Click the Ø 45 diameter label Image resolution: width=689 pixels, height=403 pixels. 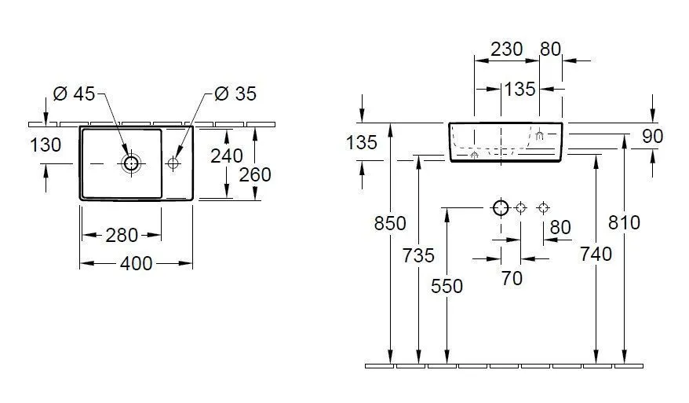[x=74, y=93]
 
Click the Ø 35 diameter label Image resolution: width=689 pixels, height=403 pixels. [x=235, y=93]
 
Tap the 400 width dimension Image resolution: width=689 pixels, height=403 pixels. [x=137, y=263]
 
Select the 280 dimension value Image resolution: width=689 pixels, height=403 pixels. [x=122, y=235]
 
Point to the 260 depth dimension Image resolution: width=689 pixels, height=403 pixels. [x=255, y=174]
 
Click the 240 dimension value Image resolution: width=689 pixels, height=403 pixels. [x=227, y=156]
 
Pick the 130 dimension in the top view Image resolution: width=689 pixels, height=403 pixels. [x=46, y=145]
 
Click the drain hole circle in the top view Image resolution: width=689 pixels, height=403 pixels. [x=131, y=163]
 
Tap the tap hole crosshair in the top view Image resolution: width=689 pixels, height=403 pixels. [x=173, y=163]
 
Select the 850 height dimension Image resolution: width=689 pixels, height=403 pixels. [x=390, y=224]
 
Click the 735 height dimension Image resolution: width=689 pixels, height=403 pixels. [x=418, y=255]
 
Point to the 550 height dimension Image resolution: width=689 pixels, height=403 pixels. [x=447, y=287]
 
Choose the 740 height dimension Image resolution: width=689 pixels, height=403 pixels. [x=596, y=254]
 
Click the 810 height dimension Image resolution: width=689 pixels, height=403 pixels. [x=625, y=222]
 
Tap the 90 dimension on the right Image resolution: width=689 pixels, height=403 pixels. [x=653, y=137]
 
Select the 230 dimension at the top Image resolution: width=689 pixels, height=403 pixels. [x=507, y=49]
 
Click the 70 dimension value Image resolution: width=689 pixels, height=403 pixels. [x=512, y=278]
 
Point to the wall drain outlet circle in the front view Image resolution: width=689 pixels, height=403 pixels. [x=501, y=207]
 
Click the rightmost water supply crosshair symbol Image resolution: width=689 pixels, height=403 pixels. [x=544, y=207]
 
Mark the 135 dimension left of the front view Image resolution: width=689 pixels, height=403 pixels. [x=362, y=142]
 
